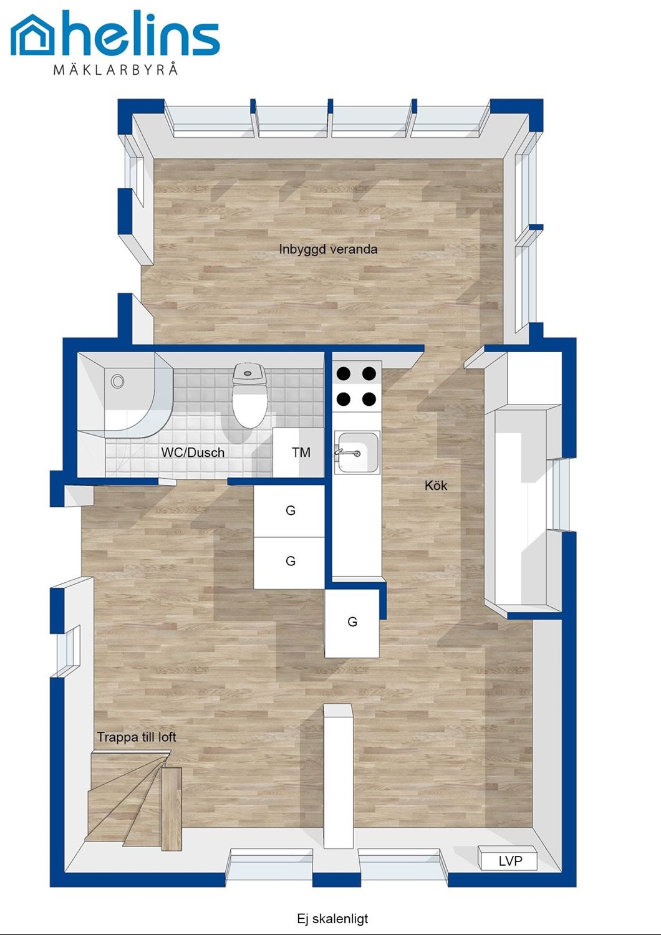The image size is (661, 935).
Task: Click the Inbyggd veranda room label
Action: tap(328, 249)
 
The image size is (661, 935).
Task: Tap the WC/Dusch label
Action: tap(193, 452)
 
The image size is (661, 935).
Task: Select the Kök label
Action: tap(436, 485)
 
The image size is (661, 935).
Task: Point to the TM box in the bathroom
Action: tap(299, 452)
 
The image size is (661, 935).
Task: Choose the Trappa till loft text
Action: tap(137, 737)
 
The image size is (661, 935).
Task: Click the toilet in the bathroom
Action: tap(249, 395)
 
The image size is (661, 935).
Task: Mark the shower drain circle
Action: tap(117, 381)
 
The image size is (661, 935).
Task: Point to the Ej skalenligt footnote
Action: tap(333, 918)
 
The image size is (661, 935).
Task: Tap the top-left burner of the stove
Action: tap(344, 373)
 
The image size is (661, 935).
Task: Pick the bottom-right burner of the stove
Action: tap(369, 399)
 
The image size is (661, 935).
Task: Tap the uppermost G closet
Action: tap(289, 511)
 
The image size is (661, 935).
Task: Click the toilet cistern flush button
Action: tap(248, 373)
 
